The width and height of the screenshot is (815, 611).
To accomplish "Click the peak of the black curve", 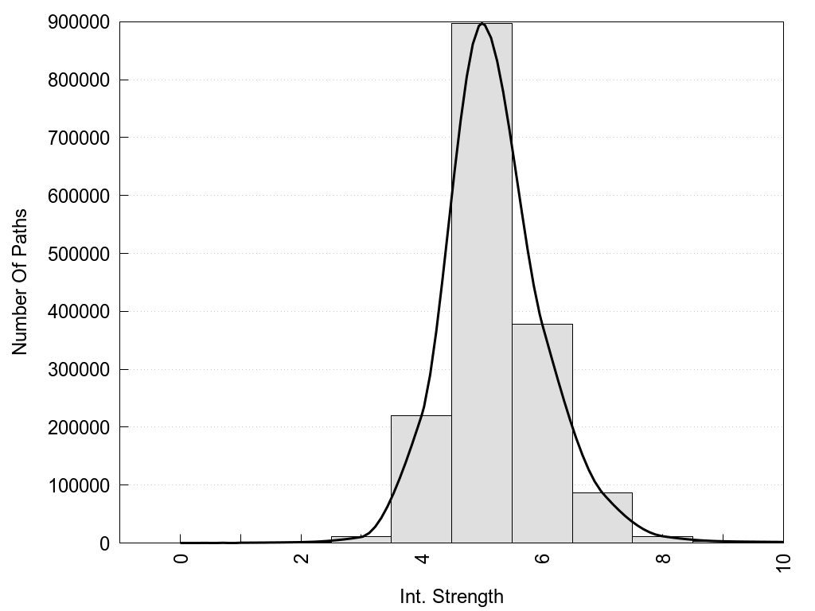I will (x=482, y=24).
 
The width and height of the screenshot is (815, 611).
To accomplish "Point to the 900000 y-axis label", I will (x=77, y=22).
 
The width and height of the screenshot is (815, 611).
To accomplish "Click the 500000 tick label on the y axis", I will (x=77, y=254).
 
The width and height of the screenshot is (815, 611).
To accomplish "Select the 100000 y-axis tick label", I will (x=77, y=485).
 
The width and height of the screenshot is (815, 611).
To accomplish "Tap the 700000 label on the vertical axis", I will (x=77, y=138).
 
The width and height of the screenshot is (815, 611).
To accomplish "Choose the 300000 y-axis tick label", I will (x=77, y=369).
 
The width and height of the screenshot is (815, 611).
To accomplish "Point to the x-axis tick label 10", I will (x=783, y=562).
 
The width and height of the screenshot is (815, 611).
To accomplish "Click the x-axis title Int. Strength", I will (x=451, y=597).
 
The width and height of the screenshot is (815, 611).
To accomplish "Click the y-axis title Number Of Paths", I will (x=20, y=282).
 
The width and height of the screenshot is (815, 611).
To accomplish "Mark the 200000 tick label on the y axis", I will (x=77, y=427).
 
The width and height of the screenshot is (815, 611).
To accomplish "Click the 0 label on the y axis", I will (x=103, y=543).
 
